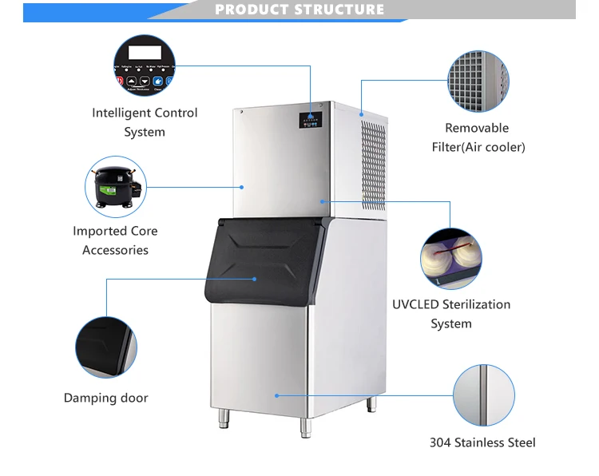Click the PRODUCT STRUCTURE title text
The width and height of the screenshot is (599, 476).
pyautogui.click(x=299, y=10)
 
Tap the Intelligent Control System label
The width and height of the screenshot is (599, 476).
pyautogui.click(x=145, y=122)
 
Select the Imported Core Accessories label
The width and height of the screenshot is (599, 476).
pyautogui.click(x=116, y=240)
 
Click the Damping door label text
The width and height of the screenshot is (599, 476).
pyautogui.click(x=106, y=398)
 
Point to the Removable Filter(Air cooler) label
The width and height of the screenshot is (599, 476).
pyautogui.click(x=477, y=137)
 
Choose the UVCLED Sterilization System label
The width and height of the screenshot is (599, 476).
pyautogui.click(x=451, y=314)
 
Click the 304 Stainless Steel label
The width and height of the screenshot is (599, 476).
pyautogui.click(x=482, y=442)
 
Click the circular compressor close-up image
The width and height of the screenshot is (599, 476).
pyautogui.click(x=116, y=186)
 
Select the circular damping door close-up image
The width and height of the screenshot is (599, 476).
pyautogui.click(x=106, y=347)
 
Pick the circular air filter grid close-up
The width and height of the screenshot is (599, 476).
pyautogui.click(x=478, y=81)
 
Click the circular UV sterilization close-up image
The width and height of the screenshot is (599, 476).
pyautogui.click(x=451, y=258)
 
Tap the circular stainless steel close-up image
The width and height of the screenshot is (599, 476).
pyautogui.click(x=483, y=395)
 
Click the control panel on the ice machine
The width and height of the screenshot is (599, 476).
pyautogui.click(x=311, y=121)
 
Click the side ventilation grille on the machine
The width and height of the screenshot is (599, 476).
pyautogui.click(x=373, y=164)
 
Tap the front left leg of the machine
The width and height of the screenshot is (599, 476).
pyautogui.click(x=223, y=418)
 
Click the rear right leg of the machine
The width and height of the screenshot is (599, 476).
pyautogui.click(x=371, y=405)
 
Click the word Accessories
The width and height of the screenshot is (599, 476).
pyautogui.click(x=116, y=250)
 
